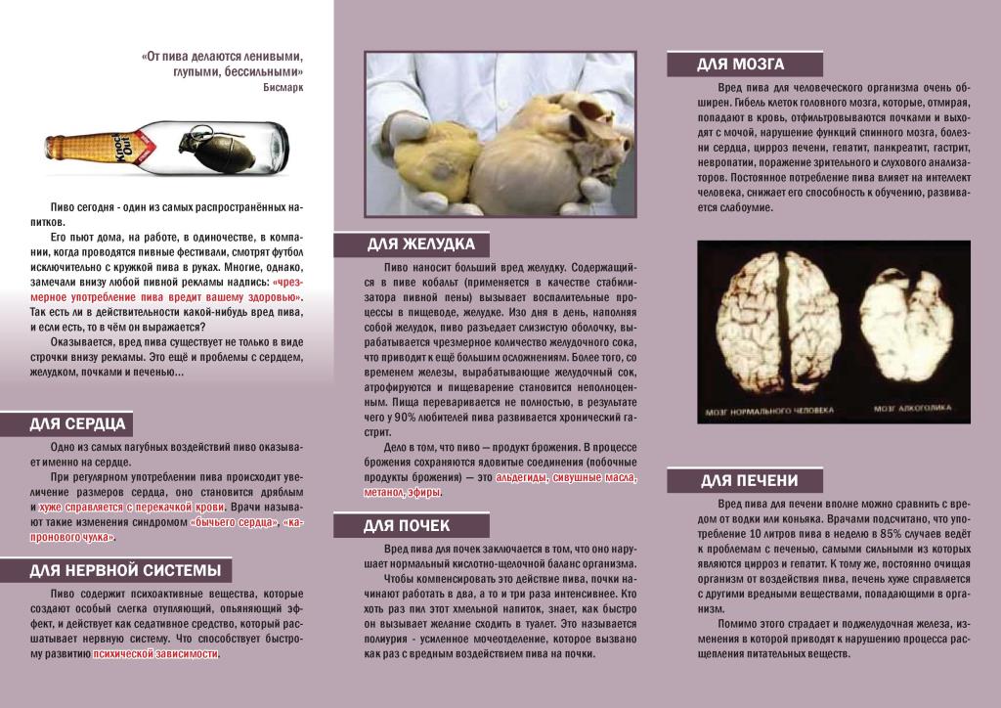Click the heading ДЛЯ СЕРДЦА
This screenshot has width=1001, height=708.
[x=77, y=424]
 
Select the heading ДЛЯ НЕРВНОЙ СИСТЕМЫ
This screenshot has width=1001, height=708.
[x=124, y=570]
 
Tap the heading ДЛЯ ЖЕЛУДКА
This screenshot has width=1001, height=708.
[x=421, y=243]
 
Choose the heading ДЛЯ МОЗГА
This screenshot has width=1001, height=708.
[x=740, y=65]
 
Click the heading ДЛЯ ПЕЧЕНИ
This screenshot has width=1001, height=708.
[x=749, y=480]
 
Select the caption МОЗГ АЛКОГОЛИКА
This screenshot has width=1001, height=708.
[x=911, y=410]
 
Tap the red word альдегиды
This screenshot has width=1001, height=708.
[x=521, y=477]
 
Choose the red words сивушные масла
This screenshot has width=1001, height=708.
[x=593, y=477]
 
